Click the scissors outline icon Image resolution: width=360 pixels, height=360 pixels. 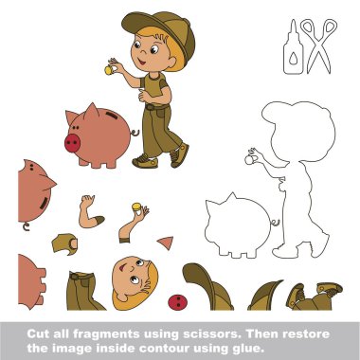tap(318, 46)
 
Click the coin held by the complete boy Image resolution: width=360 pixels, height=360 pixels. tap(108, 70)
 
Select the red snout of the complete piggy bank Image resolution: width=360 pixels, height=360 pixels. tap(72, 143)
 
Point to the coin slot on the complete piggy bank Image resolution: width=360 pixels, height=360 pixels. tap(111, 115)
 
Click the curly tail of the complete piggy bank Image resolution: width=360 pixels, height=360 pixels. tap(135, 133)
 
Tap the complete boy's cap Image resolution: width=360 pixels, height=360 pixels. tap(161, 31)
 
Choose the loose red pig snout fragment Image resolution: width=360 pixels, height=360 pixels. tap(177, 302)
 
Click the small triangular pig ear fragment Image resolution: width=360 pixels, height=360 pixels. tap(166, 243)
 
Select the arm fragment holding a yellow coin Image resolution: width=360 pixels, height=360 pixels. tap(133, 223)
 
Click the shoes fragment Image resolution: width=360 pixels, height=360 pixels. tap(314, 297)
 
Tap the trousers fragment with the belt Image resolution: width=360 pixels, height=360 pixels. tap(84, 291)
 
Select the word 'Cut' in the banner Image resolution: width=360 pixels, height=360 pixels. tap(37, 334)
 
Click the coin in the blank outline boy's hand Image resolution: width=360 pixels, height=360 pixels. tap(249, 160)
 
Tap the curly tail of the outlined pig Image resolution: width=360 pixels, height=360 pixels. tap(275, 224)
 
